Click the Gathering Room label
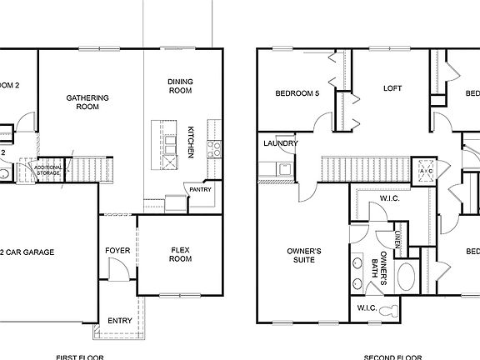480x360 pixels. [x=87, y=102]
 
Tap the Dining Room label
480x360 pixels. [x=180, y=86]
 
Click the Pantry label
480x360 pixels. [x=200, y=189]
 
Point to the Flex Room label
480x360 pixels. [x=181, y=254]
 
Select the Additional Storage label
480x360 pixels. [x=47, y=170]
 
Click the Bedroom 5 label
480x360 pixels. [x=297, y=93]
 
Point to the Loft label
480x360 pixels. [x=392, y=88]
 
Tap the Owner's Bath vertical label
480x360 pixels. [x=381, y=270]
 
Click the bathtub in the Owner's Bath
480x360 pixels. [x=408, y=276]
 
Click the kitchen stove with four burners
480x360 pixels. [x=213, y=149]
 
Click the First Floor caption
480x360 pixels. [x=79, y=357]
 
